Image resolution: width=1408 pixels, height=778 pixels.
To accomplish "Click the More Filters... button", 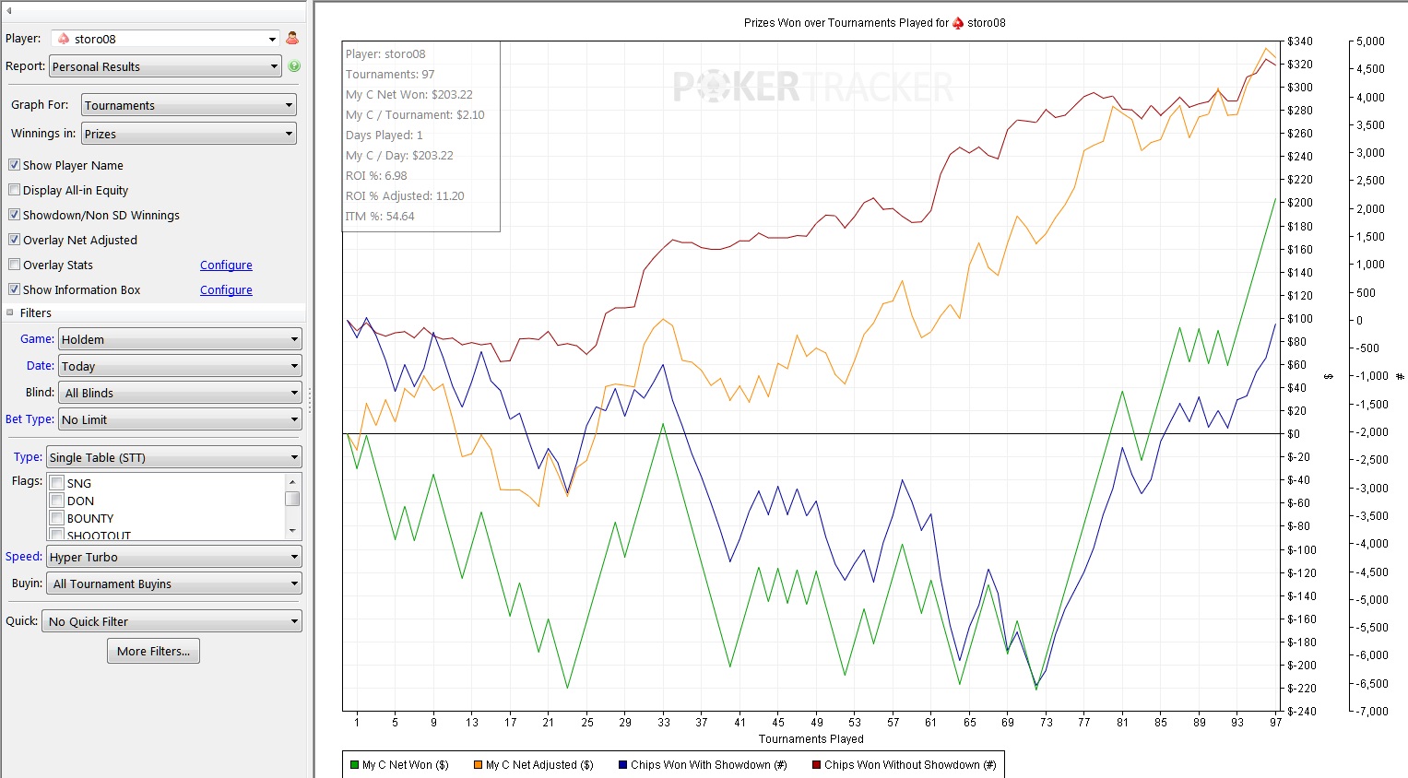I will [x=153, y=651].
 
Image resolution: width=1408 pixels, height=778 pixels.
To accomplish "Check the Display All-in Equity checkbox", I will [x=15, y=190].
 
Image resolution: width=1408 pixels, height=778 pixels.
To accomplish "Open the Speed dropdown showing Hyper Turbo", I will [x=174, y=557].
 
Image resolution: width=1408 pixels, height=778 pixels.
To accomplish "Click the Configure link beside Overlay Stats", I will [x=226, y=265].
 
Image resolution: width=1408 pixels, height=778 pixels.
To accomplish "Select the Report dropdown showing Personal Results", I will [x=165, y=66].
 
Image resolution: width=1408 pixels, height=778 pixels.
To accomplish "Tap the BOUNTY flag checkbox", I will [x=57, y=518].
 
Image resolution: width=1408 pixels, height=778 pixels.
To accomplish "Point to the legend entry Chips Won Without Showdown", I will [x=903, y=764].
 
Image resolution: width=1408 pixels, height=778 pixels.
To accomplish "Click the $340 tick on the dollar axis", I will [x=1299, y=41].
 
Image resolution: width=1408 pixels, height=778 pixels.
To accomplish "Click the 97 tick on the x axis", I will [x=1275, y=722].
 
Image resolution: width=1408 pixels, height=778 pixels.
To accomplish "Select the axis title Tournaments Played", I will [x=810, y=738].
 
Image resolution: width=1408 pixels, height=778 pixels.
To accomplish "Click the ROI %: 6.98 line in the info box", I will [x=376, y=176].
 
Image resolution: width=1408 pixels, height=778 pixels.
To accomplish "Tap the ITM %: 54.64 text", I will [x=380, y=217].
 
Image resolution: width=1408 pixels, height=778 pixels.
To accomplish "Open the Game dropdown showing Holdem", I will [x=180, y=339].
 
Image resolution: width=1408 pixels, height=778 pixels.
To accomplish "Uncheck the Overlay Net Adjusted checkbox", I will [x=15, y=240].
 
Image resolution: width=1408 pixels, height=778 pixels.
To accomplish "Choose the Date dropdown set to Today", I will [x=180, y=366].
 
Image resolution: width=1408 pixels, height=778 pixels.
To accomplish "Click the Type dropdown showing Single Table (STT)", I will [x=174, y=457].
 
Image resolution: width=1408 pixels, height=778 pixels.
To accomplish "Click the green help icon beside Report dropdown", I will [x=294, y=66].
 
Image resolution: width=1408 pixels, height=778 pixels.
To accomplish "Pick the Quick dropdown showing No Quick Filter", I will [x=172, y=621].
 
